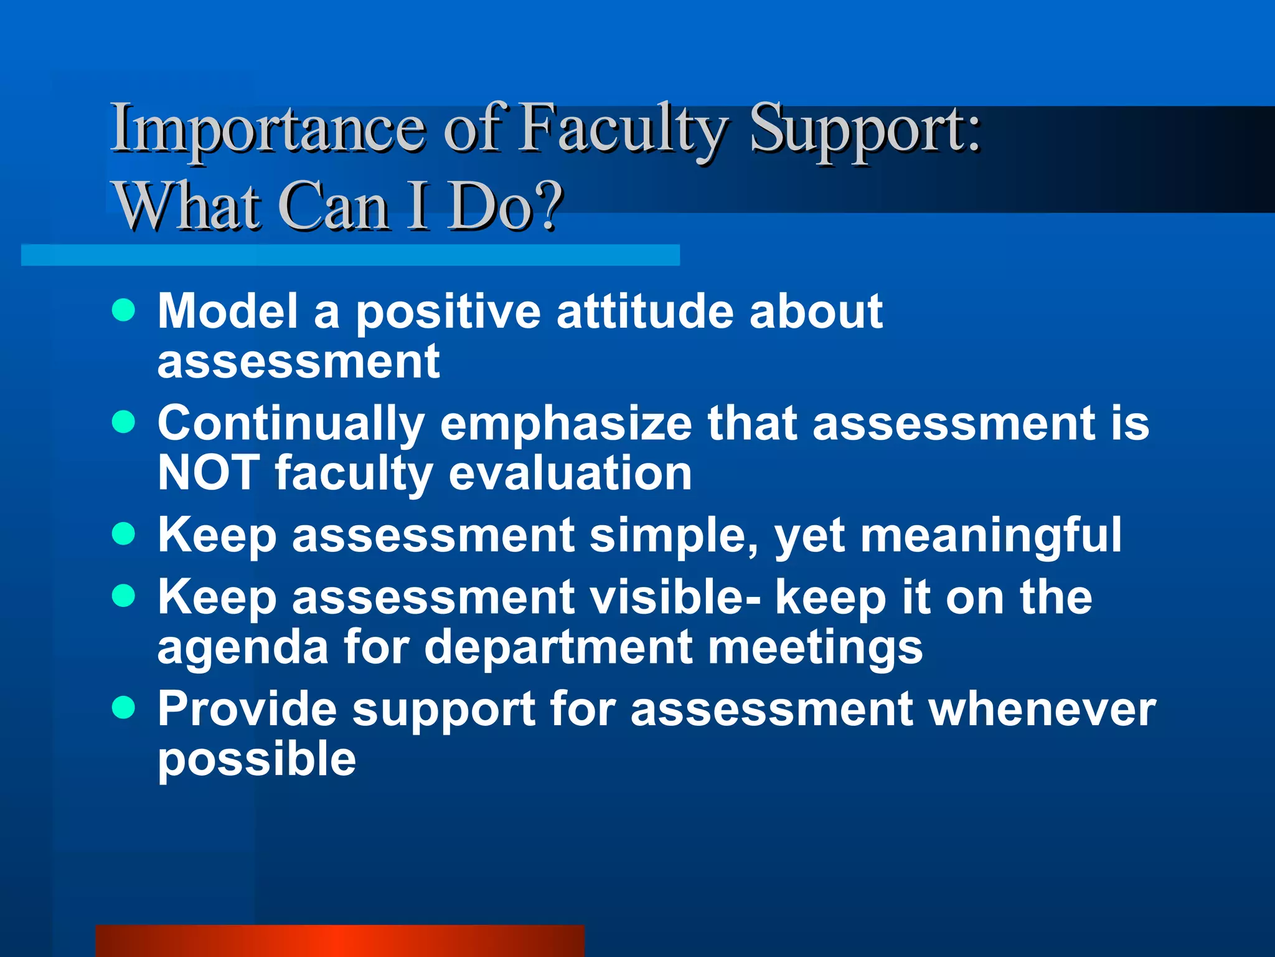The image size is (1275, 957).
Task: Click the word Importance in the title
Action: click(268, 130)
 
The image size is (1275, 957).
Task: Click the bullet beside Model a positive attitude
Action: click(124, 310)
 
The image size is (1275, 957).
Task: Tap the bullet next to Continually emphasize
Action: click(124, 422)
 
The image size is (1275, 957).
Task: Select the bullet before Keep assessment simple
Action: click(124, 534)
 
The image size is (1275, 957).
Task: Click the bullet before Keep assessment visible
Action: click(124, 596)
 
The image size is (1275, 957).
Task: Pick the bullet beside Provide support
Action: click(124, 708)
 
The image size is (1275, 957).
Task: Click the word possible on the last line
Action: click(256, 760)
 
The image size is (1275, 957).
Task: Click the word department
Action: click(558, 648)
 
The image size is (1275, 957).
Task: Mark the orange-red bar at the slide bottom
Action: click(340, 941)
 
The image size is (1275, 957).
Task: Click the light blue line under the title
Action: click(350, 255)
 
